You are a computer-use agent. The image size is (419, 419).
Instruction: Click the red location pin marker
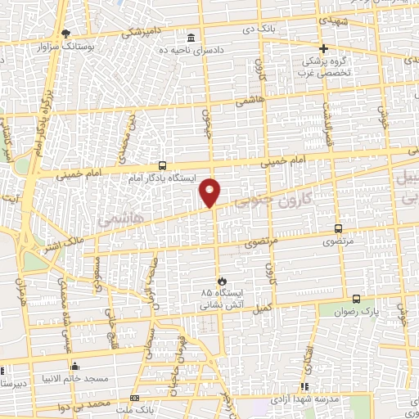pos(210,191)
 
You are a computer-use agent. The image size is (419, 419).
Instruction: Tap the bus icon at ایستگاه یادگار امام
pos(163,164)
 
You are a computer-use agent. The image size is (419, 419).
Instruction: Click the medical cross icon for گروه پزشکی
pos(323,48)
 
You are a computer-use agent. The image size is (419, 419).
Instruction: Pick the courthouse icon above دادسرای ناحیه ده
pos(191,38)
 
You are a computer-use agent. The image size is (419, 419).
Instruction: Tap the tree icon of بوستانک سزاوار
pos(66,34)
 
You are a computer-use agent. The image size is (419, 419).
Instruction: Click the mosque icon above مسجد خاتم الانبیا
pos(75,366)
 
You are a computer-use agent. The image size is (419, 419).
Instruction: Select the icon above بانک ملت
pos(135,397)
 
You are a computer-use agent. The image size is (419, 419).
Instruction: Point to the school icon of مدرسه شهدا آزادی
pos(304,386)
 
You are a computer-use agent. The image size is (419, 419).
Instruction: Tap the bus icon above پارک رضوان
pos(356,299)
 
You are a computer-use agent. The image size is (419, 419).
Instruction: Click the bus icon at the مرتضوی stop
pos(338,229)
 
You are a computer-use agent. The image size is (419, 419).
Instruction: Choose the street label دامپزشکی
pos(144,33)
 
